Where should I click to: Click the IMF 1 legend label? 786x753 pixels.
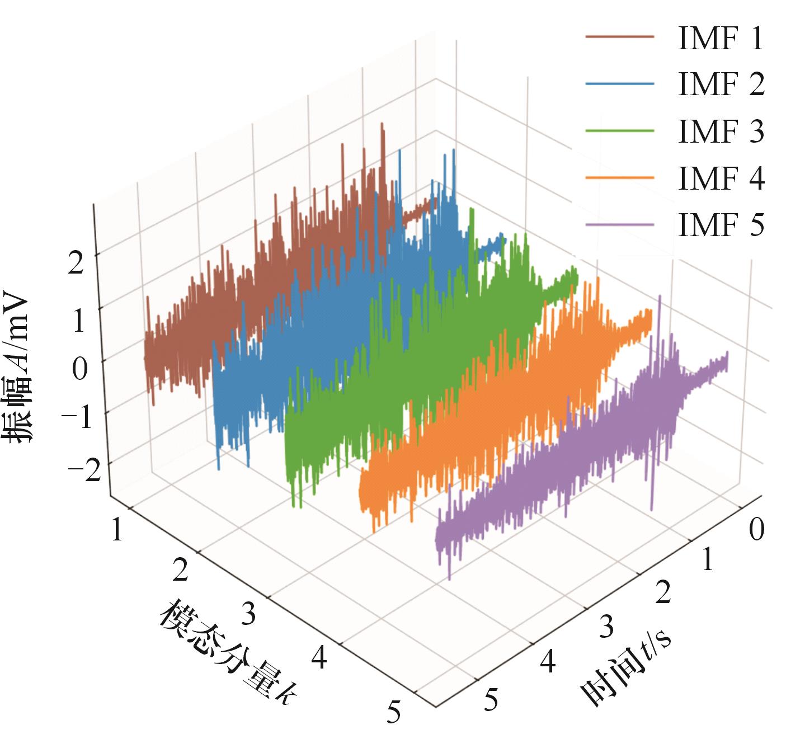click(721, 39)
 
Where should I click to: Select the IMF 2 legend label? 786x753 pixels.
click(721, 85)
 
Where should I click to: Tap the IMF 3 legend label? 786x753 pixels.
click(721, 132)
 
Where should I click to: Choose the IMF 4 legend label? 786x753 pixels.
click(721, 179)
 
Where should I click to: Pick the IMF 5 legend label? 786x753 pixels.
click(721, 226)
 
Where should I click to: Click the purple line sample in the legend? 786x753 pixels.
click(620, 225)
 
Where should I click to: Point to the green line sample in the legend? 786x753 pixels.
click(620, 131)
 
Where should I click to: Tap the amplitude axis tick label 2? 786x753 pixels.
click(76, 262)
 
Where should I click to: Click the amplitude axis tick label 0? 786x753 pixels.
click(79, 369)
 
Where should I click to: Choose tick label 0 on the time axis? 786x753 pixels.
click(756, 530)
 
